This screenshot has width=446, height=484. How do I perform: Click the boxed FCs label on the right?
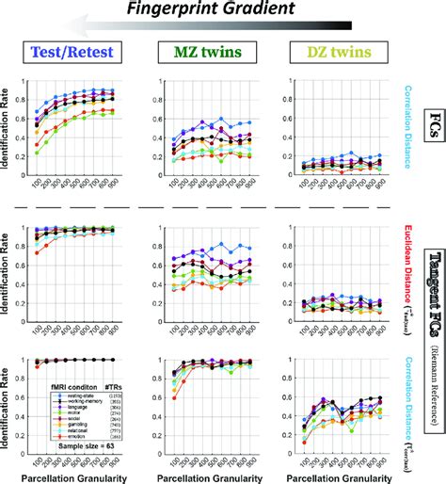click(432, 132)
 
